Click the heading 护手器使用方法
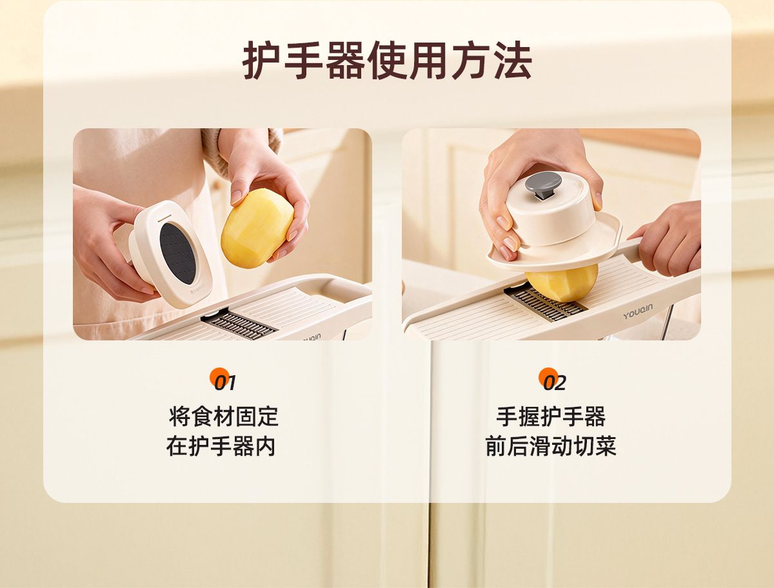[387, 60]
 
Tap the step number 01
[225, 383]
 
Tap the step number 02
[554, 383]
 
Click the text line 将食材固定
[224, 416]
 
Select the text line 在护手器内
[221, 446]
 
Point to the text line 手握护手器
[550, 416]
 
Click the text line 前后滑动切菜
[550, 446]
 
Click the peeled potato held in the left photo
[257, 228]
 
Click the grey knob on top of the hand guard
[543, 187]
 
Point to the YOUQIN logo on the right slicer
[637, 311]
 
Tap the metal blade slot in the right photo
[545, 303]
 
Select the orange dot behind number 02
[548, 377]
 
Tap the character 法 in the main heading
[513, 60]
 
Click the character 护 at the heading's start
[262, 60]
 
